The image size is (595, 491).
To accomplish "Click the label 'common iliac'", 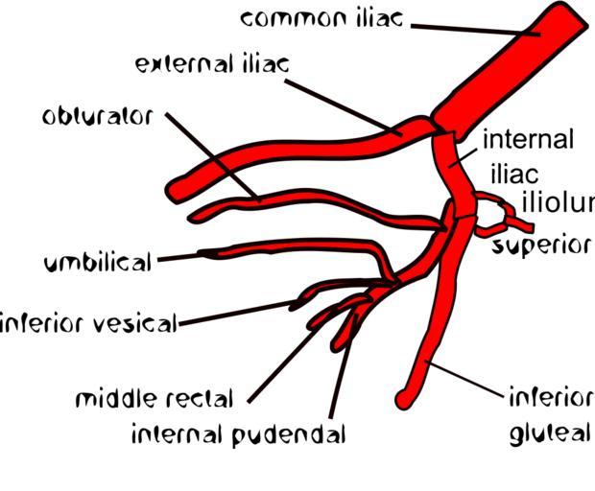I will (x=321, y=18).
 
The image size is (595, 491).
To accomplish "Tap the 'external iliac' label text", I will (x=212, y=65).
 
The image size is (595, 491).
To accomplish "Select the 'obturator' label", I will (x=97, y=117).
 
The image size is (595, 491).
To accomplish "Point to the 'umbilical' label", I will (x=98, y=262).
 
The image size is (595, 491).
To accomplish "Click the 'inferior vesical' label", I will (x=88, y=323).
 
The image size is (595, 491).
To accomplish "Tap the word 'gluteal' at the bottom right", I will (x=550, y=433).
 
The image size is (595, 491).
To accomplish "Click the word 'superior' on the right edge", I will (x=542, y=245).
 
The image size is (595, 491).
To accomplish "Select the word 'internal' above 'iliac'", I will (x=528, y=140).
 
